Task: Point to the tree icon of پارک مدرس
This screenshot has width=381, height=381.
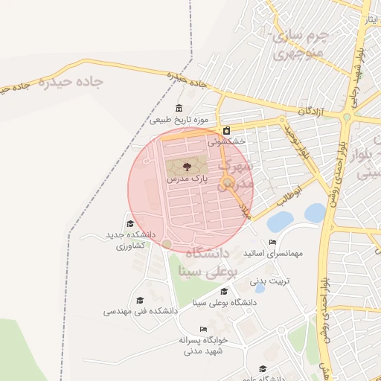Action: (x=186, y=165)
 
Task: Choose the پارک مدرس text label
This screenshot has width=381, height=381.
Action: (x=186, y=179)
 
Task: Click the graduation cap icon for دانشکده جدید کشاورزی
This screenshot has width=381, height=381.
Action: (x=129, y=224)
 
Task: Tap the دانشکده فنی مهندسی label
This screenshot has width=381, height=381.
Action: (x=141, y=311)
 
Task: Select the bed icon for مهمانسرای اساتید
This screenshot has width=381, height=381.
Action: (x=273, y=243)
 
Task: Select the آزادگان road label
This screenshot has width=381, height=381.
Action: (x=310, y=110)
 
